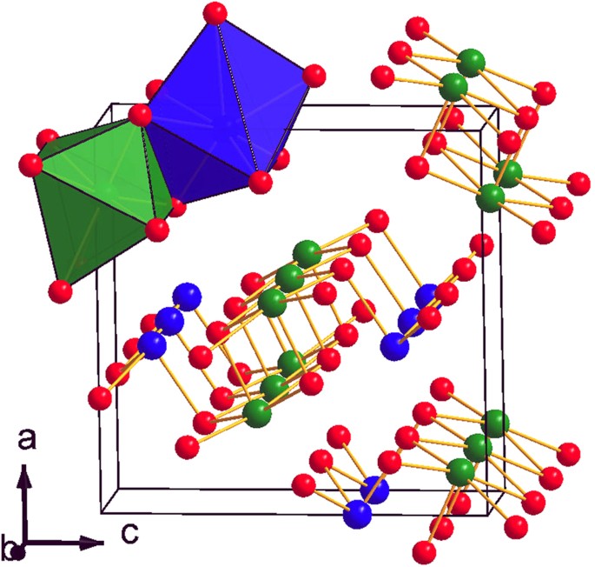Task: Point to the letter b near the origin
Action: click(10, 549)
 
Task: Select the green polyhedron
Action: click(96, 200)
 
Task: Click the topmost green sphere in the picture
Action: click(472, 61)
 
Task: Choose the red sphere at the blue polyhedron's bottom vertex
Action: click(258, 182)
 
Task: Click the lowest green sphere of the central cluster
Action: click(255, 411)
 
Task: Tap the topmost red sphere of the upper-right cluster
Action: click(417, 28)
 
